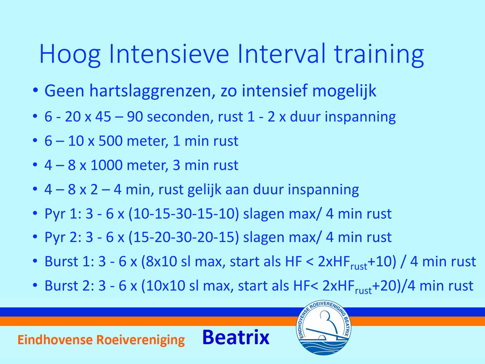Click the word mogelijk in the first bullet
344,91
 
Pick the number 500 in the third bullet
110,141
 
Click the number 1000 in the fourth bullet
106,165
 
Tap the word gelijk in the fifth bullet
204,190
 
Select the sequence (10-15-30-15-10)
184,214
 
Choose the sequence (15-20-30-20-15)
184,237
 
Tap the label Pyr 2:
63,237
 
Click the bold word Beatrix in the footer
236,337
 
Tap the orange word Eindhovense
55,340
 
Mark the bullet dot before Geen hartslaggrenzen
35,90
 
